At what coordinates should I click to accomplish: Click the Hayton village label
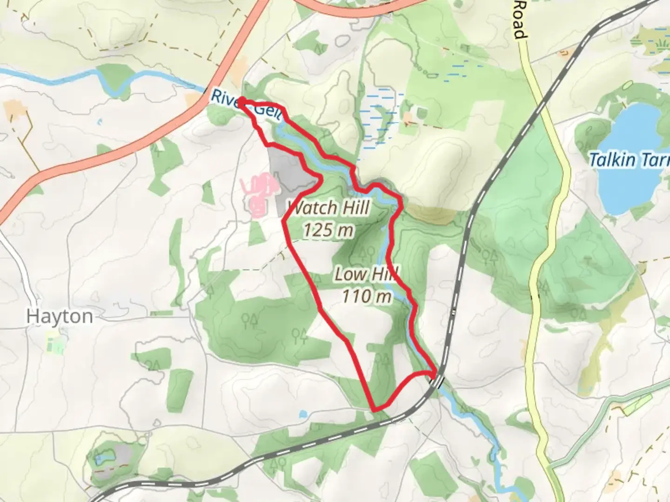(60, 317)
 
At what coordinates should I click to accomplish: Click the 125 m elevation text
(328, 230)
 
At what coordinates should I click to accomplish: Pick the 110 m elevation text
(367, 296)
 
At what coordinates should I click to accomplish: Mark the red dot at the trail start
(242, 100)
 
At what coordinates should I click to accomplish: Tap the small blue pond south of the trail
(303, 413)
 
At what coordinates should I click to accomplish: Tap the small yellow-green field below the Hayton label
(55, 343)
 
